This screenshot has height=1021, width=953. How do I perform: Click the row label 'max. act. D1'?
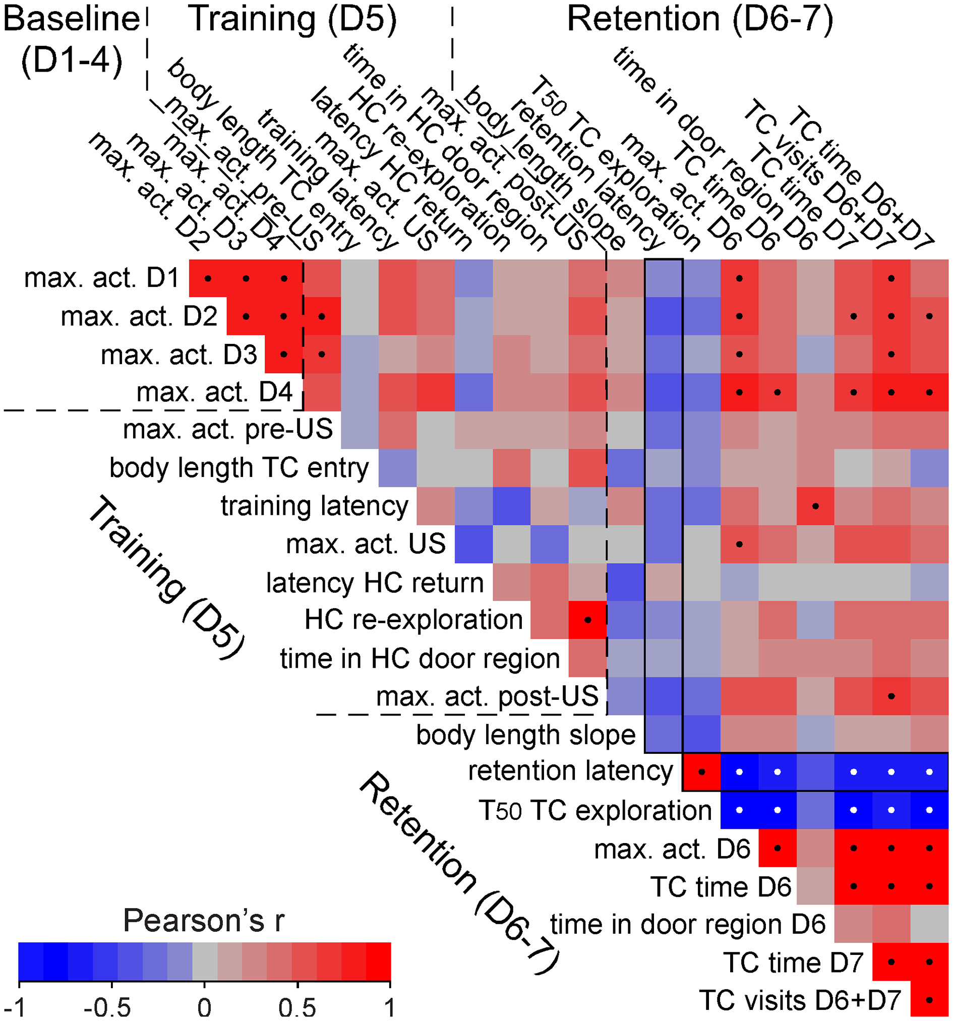(101, 278)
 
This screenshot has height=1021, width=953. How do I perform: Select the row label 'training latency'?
(315, 506)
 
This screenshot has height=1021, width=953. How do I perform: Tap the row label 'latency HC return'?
(375, 582)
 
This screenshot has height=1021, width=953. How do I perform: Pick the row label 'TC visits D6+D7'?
(800, 1000)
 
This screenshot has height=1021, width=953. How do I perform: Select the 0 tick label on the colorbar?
(205, 1008)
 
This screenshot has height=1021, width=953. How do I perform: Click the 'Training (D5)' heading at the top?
(293, 19)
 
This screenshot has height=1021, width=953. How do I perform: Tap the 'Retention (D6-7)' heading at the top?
(700, 19)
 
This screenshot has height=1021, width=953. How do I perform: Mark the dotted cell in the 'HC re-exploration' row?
(588, 620)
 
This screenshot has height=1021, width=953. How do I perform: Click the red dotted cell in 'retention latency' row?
(701, 771)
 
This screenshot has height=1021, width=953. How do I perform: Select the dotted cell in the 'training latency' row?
(815, 506)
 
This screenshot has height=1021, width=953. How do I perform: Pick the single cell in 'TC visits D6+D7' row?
(929, 1000)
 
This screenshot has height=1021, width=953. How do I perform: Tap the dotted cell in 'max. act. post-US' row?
(891, 696)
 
